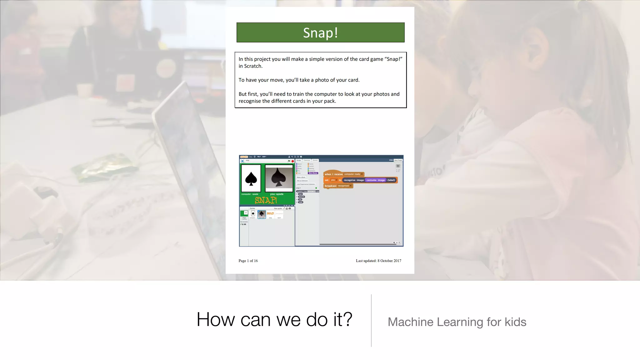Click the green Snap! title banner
(320, 32)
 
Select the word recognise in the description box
(250, 101)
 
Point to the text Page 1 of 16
(248, 261)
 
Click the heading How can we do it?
(274, 319)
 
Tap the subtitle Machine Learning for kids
(457, 322)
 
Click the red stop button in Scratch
(293, 161)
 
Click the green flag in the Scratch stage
(289, 161)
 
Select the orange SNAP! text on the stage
(266, 200)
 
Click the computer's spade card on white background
(251, 178)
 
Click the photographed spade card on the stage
(279, 178)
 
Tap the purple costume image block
(376, 180)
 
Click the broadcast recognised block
(338, 186)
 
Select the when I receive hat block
(343, 174)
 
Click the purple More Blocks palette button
(313, 173)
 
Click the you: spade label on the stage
(277, 194)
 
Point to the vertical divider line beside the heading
(371, 320)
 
